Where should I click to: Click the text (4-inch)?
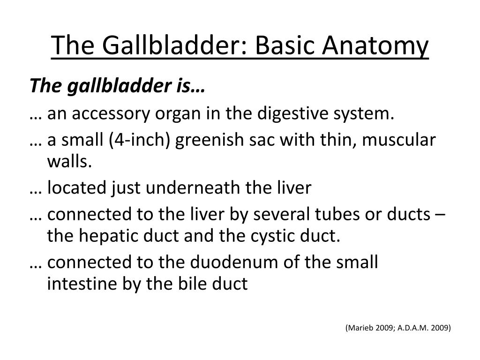pyautogui.click(x=147, y=140)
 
